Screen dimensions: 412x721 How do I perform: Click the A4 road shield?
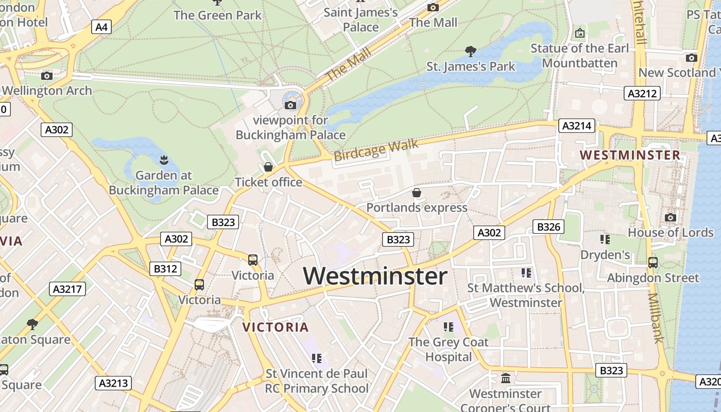pyautogui.click(x=101, y=27)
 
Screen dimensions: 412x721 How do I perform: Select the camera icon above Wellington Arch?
pyautogui.click(x=47, y=76)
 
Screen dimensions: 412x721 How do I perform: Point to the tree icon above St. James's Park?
pyautogui.click(x=470, y=51)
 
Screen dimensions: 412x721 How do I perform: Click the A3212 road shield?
pyautogui.click(x=642, y=93)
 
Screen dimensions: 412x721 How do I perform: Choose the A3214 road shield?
pyautogui.click(x=577, y=126)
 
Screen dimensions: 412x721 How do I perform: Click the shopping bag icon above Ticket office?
pyautogui.click(x=268, y=167)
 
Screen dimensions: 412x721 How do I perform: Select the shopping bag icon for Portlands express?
pyautogui.click(x=417, y=193)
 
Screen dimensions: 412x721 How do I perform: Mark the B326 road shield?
pyautogui.click(x=548, y=227)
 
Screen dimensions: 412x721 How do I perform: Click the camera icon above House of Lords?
pyautogui.click(x=670, y=217)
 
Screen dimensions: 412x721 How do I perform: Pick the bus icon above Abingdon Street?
pyautogui.click(x=653, y=262)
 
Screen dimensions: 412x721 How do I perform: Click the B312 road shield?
pyautogui.click(x=165, y=268)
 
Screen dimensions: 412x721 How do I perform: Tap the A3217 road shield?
pyautogui.click(x=68, y=289)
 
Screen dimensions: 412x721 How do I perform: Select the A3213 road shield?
pyautogui.click(x=113, y=383)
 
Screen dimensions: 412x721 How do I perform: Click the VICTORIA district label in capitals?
pyautogui.click(x=276, y=327)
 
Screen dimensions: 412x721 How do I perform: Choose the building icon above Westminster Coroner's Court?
pyautogui.click(x=506, y=379)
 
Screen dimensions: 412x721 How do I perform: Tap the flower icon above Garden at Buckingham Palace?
pyautogui.click(x=164, y=160)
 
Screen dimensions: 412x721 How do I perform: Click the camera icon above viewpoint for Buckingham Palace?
pyautogui.click(x=290, y=105)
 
